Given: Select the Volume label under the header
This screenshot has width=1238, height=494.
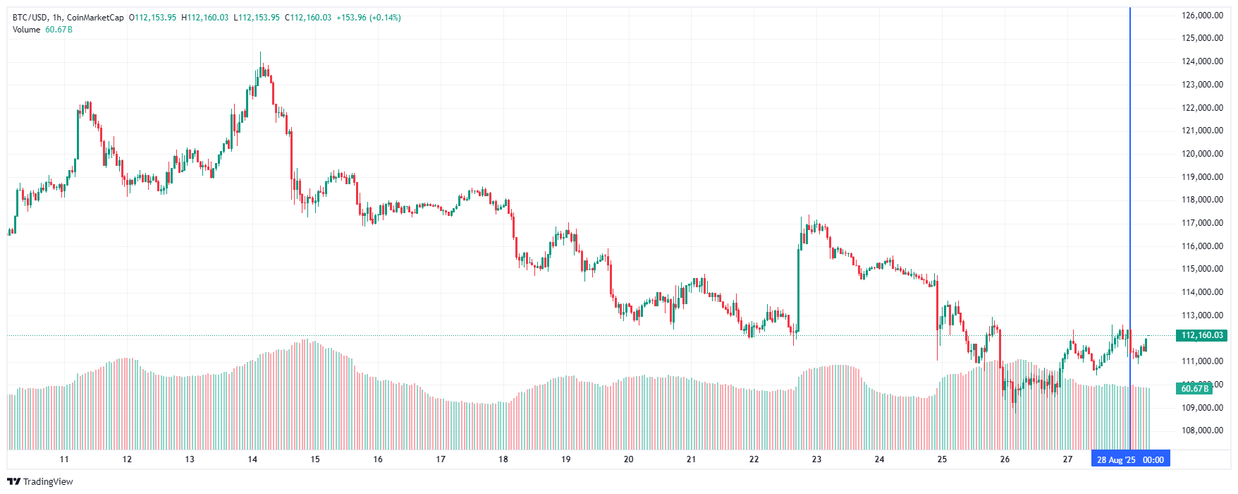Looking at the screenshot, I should pyautogui.click(x=26, y=30).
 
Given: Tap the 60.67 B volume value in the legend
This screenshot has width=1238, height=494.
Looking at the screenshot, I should pyautogui.click(x=59, y=30).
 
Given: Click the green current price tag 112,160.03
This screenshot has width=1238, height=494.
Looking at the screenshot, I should pyautogui.click(x=1201, y=335).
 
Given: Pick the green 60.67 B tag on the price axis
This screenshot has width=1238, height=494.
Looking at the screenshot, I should pyautogui.click(x=1195, y=388).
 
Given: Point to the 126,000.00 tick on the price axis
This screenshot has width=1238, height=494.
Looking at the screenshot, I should pyautogui.click(x=1202, y=16).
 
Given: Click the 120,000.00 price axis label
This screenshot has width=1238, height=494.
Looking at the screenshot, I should pyautogui.click(x=1202, y=154).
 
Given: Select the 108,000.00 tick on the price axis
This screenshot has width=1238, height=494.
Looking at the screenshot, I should pyautogui.click(x=1202, y=430).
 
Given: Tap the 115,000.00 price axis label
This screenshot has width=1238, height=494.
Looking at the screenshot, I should pyautogui.click(x=1202, y=269).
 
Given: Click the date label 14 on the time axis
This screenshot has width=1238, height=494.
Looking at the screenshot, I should pyautogui.click(x=252, y=459).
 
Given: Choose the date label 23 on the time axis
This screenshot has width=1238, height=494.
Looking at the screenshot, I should pyautogui.click(x=816, y=459).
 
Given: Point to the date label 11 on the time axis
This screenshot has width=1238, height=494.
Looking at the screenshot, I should pyautogui.click(x=64, y=459).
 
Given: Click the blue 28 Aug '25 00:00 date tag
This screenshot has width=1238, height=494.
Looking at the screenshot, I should pyautogui.click(x=1130, y=459).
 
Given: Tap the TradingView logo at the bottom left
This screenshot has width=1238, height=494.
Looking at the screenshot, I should pyautogui.click(x=40, y=481).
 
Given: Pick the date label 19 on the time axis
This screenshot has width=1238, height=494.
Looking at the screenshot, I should pyautogui.click(x=565, y=459).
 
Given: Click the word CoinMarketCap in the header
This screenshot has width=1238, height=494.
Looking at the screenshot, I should pyautogui.click(x=95, y=18).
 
